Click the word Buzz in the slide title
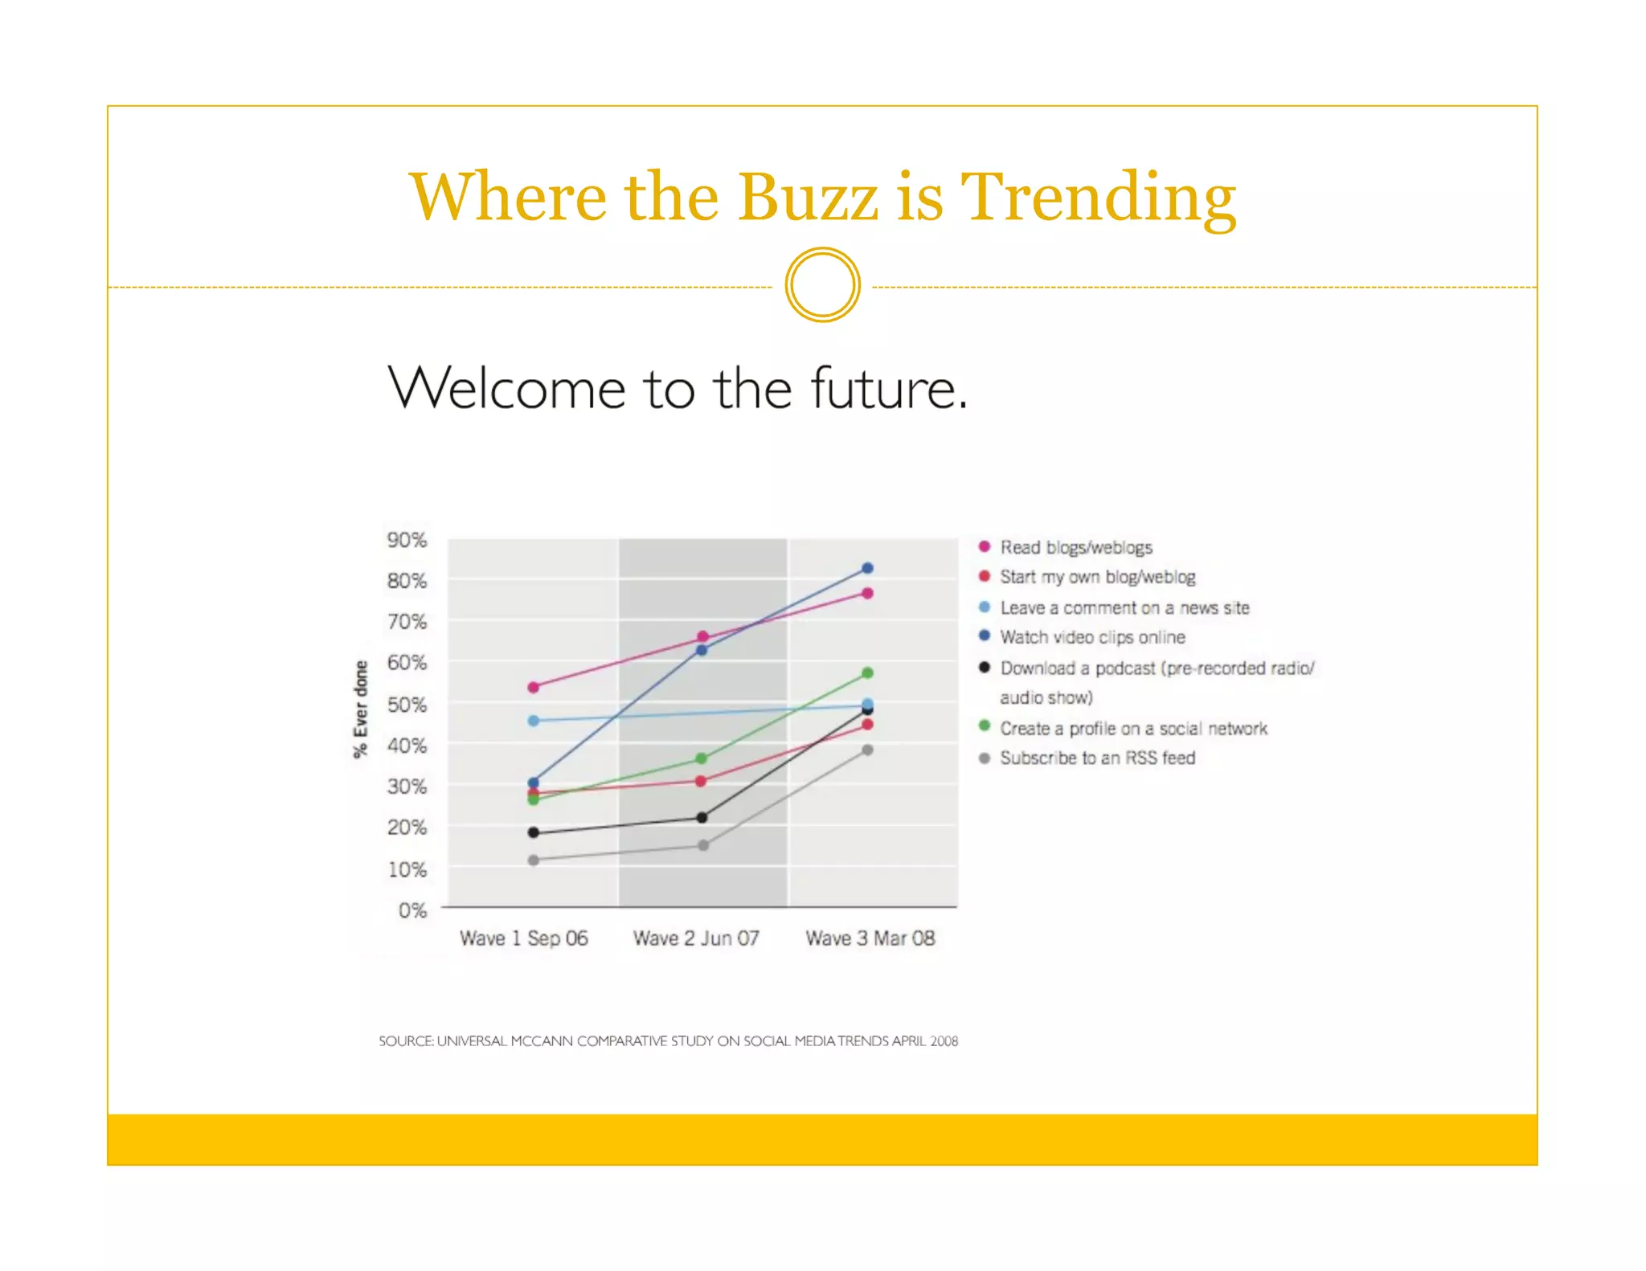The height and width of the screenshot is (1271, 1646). pos(808,197)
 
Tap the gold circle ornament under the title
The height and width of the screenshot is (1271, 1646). pos(822,285)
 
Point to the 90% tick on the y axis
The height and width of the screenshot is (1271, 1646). pos(407,540)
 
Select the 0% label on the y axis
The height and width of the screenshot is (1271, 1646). pos(412,910)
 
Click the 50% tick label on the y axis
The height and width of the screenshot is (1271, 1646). pos(407,705)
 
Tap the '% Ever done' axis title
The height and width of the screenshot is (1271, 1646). pos(360,709)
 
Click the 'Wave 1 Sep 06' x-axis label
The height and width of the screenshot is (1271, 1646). pos(523,938)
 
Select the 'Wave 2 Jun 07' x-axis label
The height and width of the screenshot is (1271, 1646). pos(696,938)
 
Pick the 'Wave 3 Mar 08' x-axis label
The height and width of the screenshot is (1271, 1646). pos(870,938)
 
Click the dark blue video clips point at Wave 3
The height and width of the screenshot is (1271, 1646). pos(867,568)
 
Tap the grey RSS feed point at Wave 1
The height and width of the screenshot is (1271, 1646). pos(533,860)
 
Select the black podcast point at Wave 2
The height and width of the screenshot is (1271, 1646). pos(702,818)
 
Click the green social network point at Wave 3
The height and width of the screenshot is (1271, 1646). pos(867,673)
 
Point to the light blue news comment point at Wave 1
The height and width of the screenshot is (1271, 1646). pos(533,721)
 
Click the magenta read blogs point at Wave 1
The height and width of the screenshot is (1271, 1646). pos(533,687)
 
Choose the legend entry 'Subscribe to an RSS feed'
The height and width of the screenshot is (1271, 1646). pos(1097,758)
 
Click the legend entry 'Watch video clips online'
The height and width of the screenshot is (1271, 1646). pos(1092,637)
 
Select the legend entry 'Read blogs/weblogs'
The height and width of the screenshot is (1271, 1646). pos(1075,547)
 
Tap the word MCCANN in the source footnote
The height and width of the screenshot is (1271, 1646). pos(542,1041)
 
